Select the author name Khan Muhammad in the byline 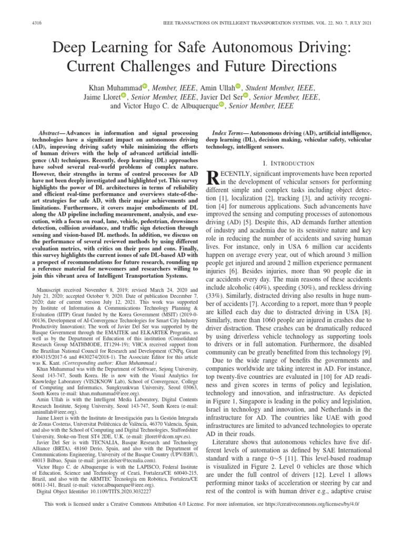click(x=113, y=87)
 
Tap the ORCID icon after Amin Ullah click(x=238, y=86)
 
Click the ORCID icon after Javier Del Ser click(x=246, y=96)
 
